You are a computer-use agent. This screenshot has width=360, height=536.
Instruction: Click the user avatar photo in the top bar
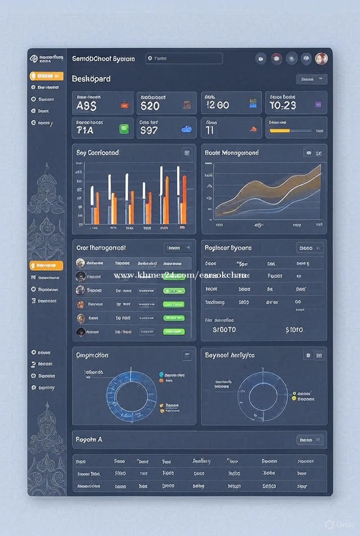coord(321,58)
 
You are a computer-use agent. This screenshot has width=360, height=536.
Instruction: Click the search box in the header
coord(184,58)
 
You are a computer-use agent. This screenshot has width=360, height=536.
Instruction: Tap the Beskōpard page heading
coord(91,78)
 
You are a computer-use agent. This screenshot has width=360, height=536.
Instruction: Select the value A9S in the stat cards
coord(86,106)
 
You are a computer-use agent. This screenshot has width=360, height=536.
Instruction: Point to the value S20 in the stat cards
coord(150,106)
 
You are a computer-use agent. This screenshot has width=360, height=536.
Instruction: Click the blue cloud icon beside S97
coord(186,129)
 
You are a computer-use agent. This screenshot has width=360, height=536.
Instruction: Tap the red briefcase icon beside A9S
coord(124,105)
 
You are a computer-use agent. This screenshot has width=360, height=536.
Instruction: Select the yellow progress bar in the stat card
coord(280,131)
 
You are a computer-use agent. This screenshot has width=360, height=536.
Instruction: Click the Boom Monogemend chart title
coord(231,152)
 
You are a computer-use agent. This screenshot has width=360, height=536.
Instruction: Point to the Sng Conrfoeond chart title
coord(97,152)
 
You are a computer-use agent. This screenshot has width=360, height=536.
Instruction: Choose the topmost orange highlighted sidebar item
coord(46,76)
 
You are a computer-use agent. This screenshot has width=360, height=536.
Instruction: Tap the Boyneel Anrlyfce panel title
coord(230,355)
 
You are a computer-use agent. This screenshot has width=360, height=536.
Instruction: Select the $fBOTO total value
coord(224,329)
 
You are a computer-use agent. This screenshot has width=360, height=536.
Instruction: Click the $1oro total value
coord(294,329)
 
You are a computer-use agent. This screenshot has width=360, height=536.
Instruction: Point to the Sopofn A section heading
coord(89,439)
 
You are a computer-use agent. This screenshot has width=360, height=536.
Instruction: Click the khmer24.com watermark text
coord(180,275)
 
